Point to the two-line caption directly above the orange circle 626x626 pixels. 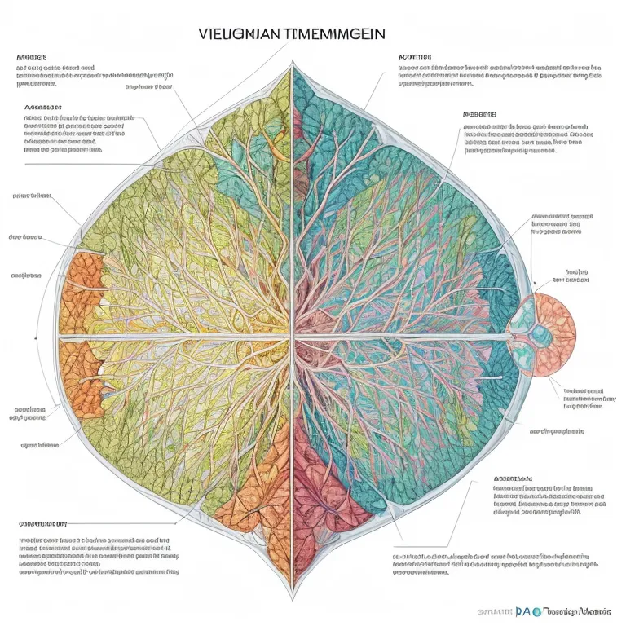pos(570,276)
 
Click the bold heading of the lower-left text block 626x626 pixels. pos(43,522)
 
